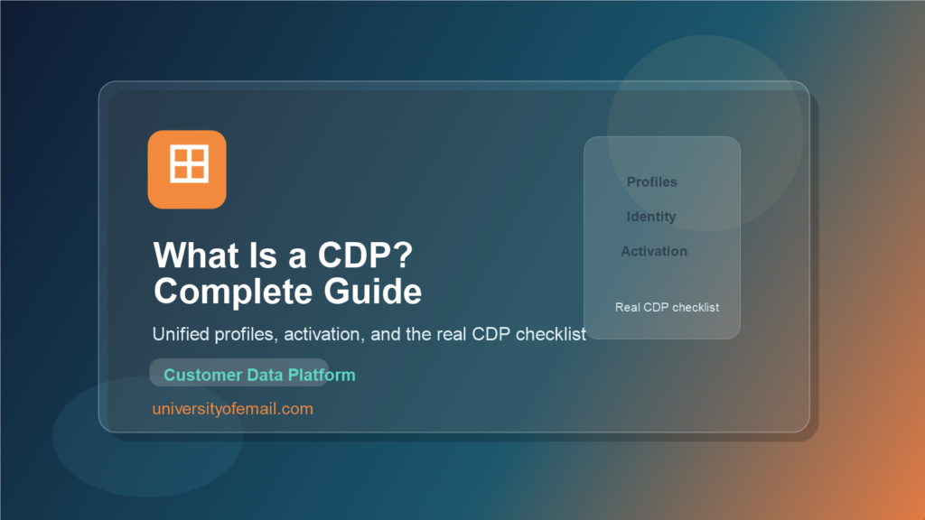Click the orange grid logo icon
click(187, 169)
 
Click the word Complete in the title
click(230, 292)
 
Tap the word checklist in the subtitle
click(551, 334)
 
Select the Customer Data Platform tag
click(259, 375)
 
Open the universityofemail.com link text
click(233, 409)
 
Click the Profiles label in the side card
click(652, 181)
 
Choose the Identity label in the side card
click(651, 217)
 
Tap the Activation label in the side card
click(654, 251)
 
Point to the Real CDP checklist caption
click(667, 307)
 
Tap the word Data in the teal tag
click(266, 375)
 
